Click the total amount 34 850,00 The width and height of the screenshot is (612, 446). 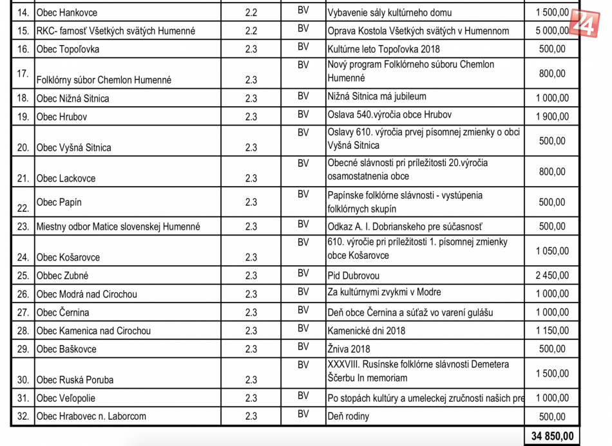click(552, 436)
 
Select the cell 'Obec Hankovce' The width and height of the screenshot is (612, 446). click(67, 12)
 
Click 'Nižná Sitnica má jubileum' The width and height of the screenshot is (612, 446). click(377, 97)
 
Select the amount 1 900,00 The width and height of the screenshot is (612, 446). click(552, 116)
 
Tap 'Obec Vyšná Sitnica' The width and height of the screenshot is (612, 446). click(73, 147)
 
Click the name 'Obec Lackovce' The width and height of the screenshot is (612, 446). click(66, 178)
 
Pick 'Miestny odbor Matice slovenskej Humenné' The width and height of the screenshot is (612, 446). click(118, 227)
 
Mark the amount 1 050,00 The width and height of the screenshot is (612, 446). click(552, 250)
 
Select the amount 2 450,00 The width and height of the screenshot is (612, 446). click(552, 275)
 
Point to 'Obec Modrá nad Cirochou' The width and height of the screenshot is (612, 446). click(86, 294)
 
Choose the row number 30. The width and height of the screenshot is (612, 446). click(23, 380)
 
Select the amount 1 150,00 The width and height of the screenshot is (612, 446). click(552, 331)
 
